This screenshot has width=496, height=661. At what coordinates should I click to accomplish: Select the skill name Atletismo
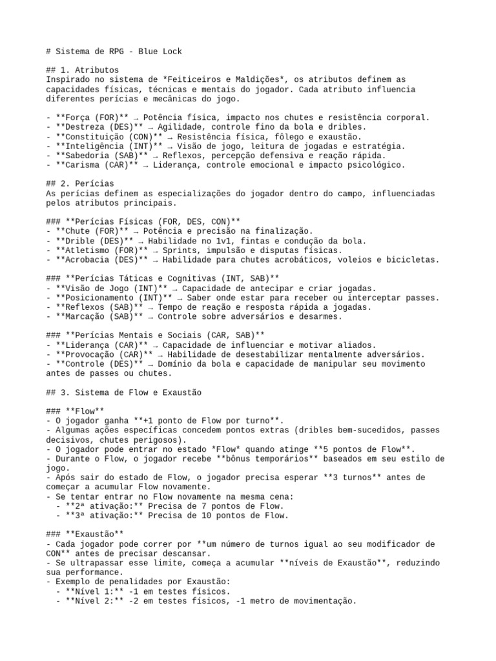87,250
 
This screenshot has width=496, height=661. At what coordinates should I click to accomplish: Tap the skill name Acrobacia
87,259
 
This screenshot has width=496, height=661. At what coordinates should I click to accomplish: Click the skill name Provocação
87,354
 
